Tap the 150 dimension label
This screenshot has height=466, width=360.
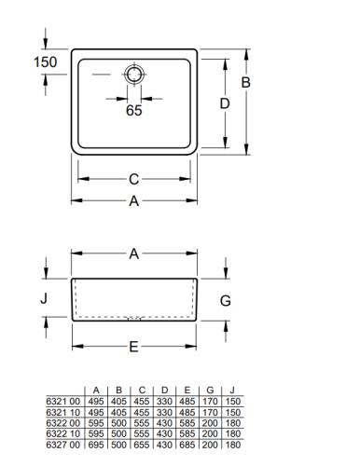[x=45, y=62]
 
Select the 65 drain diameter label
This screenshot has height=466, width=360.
[x=134, y=111]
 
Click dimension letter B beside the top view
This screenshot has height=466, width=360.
[x=246, y=83]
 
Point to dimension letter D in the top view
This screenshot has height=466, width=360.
[x=225, y=103]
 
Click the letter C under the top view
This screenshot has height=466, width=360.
[x=134, y=179]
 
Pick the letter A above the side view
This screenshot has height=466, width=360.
[x=134, y=254]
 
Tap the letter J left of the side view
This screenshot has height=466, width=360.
[x=44, y=298]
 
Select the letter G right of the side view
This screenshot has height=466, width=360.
[x=226, y=301]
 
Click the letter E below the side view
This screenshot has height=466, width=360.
[x=133, y=347]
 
